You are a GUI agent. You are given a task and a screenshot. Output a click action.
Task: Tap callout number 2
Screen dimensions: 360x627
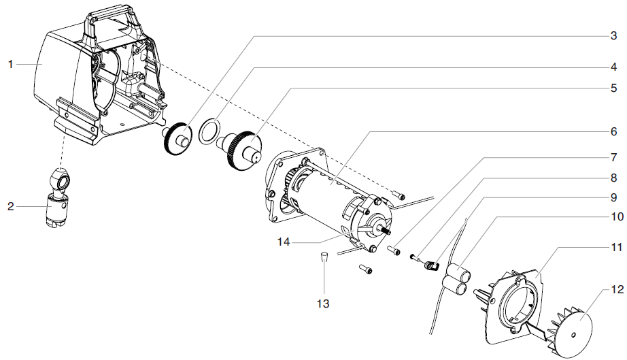[x=11, y=205]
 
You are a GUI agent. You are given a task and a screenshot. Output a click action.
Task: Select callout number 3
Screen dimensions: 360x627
[x=613, y=35]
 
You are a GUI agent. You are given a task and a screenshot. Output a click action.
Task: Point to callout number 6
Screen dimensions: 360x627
[x=613, y=130]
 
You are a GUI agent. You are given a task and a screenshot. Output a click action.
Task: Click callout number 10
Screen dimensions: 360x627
[x=616, y=217]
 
